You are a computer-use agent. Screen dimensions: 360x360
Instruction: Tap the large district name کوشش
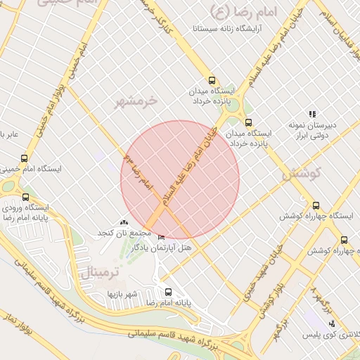[303, 173]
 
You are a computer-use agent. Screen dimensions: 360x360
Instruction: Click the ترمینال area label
[101, 271]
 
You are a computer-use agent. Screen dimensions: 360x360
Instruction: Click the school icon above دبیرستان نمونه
[311, 114]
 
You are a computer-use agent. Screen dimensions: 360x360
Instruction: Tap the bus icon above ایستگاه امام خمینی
[25, 158]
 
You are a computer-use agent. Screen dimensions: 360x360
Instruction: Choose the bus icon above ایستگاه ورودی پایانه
[26, 197]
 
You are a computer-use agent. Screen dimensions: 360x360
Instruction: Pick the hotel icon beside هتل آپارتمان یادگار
[162, 238]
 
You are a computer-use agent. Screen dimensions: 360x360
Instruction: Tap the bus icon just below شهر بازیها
[167, 292]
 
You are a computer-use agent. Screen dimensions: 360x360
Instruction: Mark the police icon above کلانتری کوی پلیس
[333, 323]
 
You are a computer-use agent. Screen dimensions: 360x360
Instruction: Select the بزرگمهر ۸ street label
[320, 300]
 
